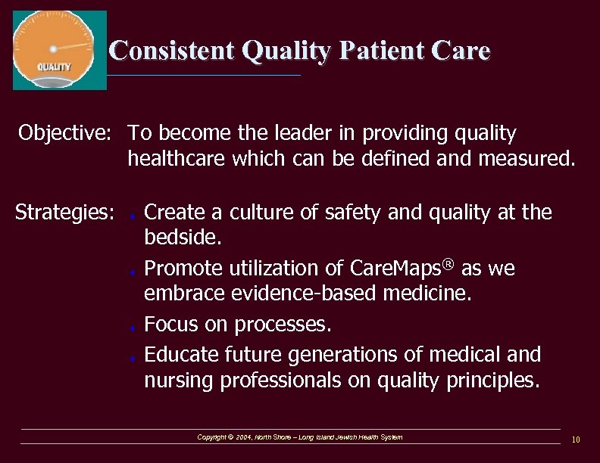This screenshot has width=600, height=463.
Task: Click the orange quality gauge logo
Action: click(x=60, y=50)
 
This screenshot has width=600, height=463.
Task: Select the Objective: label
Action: click(x=65, y=134)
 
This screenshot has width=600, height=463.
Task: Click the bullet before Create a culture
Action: click(x=133, y=216)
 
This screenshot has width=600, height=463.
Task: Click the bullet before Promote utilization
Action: click(x=133, y=272)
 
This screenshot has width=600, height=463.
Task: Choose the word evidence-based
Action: click(x=316, y=294)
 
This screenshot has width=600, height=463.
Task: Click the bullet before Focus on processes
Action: click(x=133, y=328)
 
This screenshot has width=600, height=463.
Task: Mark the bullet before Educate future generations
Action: click(x=133, y=356)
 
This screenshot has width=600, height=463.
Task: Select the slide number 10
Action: click(x=576, y=440)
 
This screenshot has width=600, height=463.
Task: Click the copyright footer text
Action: click(x=299, y=437)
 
